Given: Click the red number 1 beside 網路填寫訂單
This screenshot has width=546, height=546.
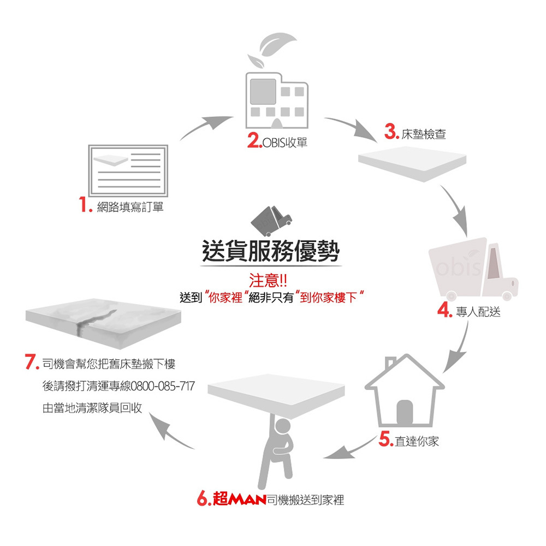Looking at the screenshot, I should coord(83,206).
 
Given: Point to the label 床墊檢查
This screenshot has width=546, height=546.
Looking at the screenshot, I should coord(424,134).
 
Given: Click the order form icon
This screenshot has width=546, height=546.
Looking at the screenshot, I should coord(128,170).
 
